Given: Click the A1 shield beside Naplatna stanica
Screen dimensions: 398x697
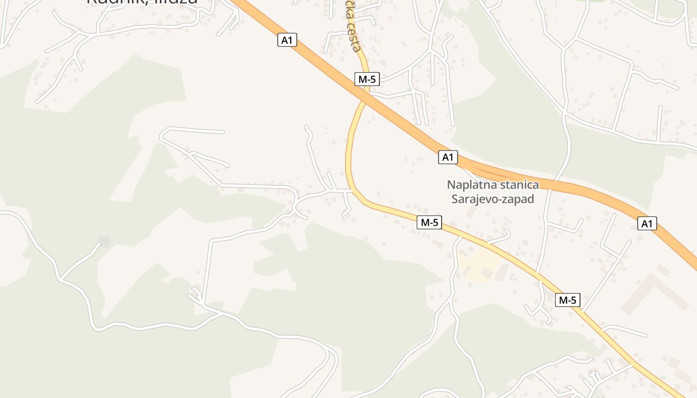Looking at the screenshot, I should (x=448, y=157).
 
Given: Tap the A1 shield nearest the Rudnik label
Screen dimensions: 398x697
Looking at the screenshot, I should (x=287, y=40).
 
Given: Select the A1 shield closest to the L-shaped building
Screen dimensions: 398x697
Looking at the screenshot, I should (x=647, y=224).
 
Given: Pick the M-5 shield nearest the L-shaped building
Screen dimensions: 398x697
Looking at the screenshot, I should (x=568, y=300).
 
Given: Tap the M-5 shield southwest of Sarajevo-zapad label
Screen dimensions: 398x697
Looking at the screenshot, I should (x=429, y=222).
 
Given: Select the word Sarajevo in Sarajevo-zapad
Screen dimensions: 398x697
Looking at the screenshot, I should (x=474, y=199).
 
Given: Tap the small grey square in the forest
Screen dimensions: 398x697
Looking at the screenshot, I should (x=104, y=242).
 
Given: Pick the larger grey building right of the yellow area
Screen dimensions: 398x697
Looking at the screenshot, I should (x=502, y=273).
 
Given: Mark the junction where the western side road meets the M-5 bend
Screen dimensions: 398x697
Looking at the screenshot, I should (x=351, y=190).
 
